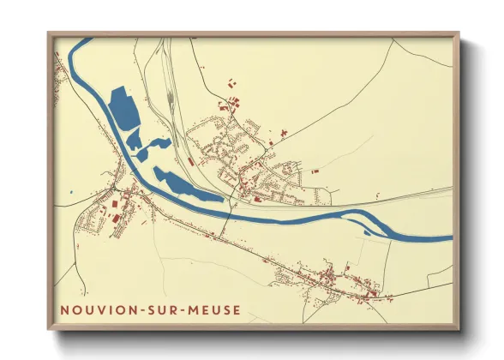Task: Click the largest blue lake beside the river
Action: [125, 107]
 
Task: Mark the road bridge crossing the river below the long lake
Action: [229, 211]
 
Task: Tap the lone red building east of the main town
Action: [314, 171]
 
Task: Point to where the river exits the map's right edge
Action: [451, 238]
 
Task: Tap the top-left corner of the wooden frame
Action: [49, 33]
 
